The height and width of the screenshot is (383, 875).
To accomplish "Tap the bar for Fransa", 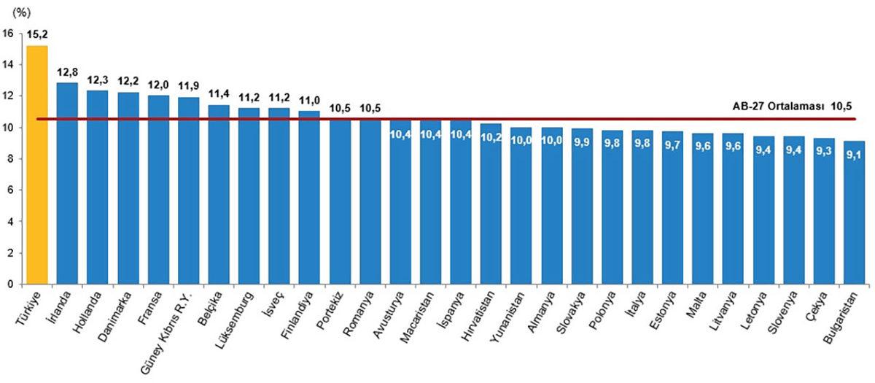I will click(158, 190).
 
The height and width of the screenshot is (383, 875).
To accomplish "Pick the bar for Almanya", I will click(552, 212).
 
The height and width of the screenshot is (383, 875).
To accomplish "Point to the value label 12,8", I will click(67, 73).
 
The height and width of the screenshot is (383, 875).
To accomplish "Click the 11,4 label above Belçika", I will click(219, 95).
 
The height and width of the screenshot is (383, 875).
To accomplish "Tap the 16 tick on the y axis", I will click(8, 33).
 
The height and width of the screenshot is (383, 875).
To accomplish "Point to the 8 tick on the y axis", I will click(8, 158).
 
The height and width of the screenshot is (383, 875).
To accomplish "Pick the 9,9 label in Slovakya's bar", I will click(582, 142).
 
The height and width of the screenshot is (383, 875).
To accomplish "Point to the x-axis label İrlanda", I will click(63, 307).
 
